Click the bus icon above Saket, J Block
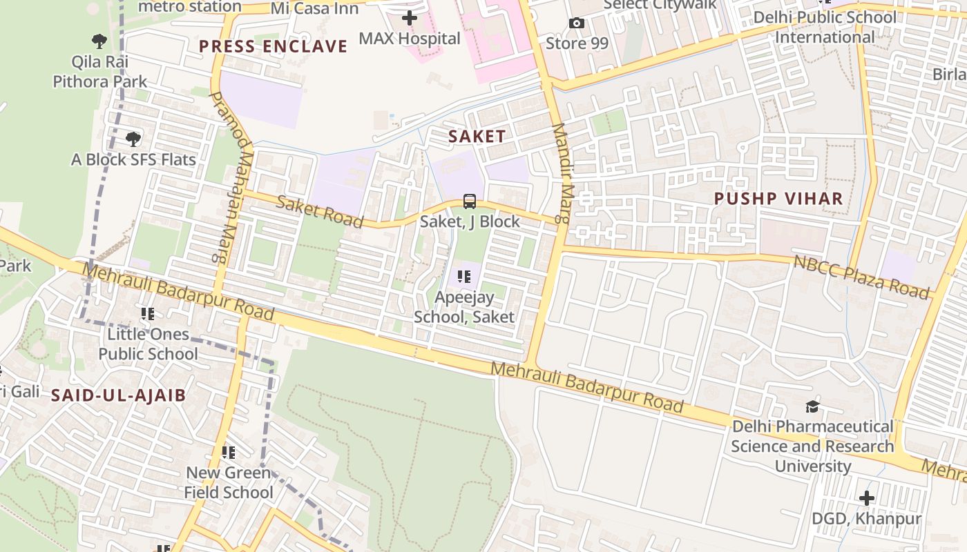click(x=470, y=201)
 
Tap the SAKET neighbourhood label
click(x=477, y=137)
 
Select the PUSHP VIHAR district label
click(x=778, y=199)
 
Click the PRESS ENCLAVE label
click(x=273, y=46)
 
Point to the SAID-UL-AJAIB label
click(x=119, y=395)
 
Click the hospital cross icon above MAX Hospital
click(x=410, y=18)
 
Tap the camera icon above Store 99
click(x=576, y=23)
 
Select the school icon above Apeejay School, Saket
click(x=464, y=277)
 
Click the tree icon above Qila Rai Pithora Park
click(x=99, y=41)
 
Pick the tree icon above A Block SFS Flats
click(x=133, y=139)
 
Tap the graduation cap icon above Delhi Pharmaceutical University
click(x=812, y=407)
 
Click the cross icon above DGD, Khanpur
click(x=866, y=498)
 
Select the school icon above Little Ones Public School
click(x=147, y=314)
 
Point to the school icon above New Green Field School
click(x=228, y=453)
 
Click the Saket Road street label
click(x=320, y=211)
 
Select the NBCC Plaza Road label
click(x=861, y=276)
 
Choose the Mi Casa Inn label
click(x=315, y=8)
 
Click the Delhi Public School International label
click(x=825, y=27)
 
